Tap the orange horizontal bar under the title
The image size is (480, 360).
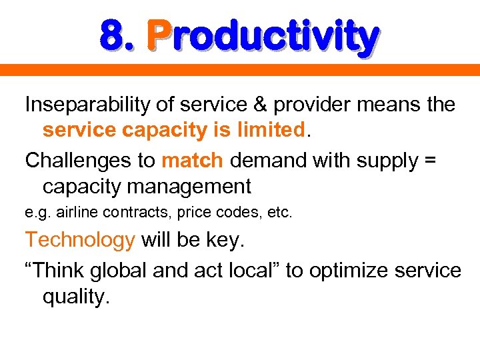click(x=240, y=69)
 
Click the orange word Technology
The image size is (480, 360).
click(x=80, y=240)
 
